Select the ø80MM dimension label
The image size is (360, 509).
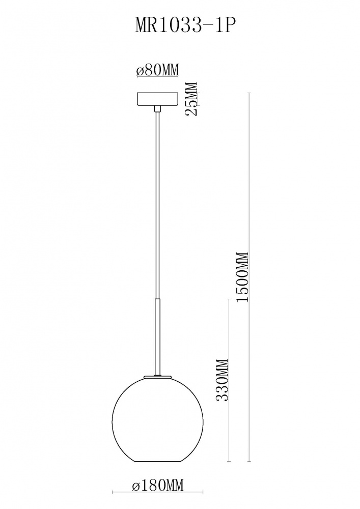158,70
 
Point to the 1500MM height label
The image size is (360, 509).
242,277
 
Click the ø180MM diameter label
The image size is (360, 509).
158,486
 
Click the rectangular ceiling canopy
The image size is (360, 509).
158,99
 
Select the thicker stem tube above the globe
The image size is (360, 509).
158,338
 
